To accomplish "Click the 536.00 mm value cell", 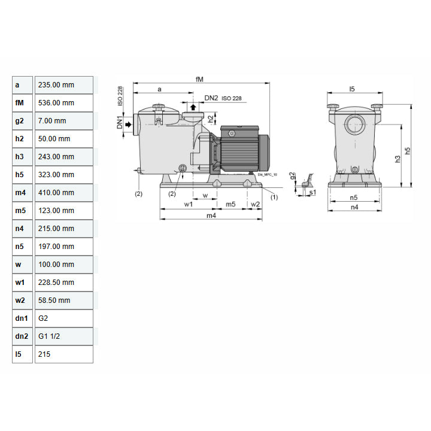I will [63, 103].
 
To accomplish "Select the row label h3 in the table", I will [23, 157].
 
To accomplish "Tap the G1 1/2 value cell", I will [63, 336].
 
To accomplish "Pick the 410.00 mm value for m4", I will [63, 193].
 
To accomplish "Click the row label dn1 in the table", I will [23, 318].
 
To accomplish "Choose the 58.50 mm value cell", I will [63, 301].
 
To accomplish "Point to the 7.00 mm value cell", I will [63, 121].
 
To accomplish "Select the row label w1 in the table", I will [23, 283].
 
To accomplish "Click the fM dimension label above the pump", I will [199, 78].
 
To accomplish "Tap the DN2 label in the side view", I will [211, 98].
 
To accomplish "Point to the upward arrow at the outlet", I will [193, 108].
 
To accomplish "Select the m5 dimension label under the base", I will [230, 204].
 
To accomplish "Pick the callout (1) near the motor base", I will [274, 196].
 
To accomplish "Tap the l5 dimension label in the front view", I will [352, 89].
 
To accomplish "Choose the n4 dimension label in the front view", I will [354, 207].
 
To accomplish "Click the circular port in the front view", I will [354, 126].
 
